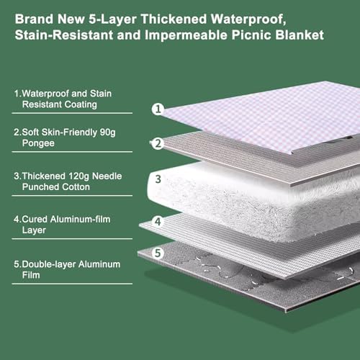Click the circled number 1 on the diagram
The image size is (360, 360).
point(158,109)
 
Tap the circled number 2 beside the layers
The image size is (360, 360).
point(158,143)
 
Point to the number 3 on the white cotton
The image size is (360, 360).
point(158,179)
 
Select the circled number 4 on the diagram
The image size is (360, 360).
point(158,221)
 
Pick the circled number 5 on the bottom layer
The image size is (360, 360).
point(158,253)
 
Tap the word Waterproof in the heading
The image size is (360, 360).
point(248,19)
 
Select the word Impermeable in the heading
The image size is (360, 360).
point(186,35)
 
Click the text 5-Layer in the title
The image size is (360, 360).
point(112,19)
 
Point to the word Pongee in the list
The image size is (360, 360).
point(38,143)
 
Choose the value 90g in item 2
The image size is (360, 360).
point(107,132)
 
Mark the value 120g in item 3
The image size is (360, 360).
point(79,176)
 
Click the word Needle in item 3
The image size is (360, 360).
point(107,176)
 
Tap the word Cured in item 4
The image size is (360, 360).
point(35,219)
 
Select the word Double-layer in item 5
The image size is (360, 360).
point(49,264)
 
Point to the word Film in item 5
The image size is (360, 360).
point(31,275)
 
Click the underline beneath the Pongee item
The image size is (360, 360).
point(72,152)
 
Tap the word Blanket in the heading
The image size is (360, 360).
point(300,35)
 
